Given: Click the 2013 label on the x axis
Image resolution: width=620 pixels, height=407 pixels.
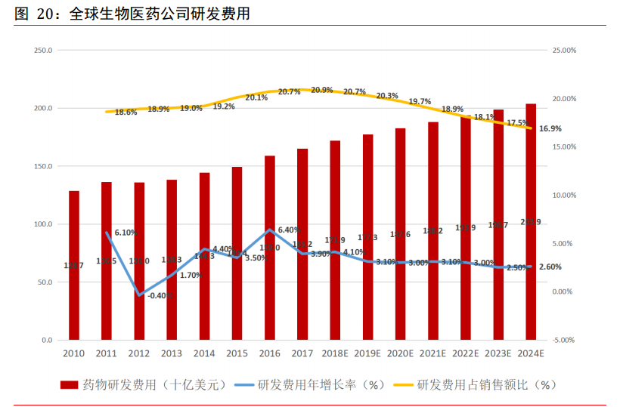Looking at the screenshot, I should (172, 353).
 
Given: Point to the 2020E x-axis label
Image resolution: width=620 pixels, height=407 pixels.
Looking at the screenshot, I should (400, 353).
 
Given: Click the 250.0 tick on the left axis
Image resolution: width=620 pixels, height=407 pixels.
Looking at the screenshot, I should (42, 51).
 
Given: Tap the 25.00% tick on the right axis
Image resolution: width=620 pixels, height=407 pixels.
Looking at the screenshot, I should (565, 51).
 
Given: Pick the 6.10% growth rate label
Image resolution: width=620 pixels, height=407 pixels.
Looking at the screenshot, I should (126, 233).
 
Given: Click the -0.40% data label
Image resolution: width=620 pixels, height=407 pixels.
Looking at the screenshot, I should (160, 295).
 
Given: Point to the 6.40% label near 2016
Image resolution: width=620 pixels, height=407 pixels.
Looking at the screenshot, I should (290, 230).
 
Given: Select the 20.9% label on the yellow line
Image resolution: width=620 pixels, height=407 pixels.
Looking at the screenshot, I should (322, 90).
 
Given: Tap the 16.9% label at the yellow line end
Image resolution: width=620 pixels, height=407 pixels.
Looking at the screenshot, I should (550, 129).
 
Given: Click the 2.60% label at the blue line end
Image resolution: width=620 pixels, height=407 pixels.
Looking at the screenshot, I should (550, 267).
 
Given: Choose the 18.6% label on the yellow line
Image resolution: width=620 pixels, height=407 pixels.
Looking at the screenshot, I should (126, 112).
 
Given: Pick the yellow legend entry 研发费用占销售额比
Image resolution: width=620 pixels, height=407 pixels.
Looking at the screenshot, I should (487, 384).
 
